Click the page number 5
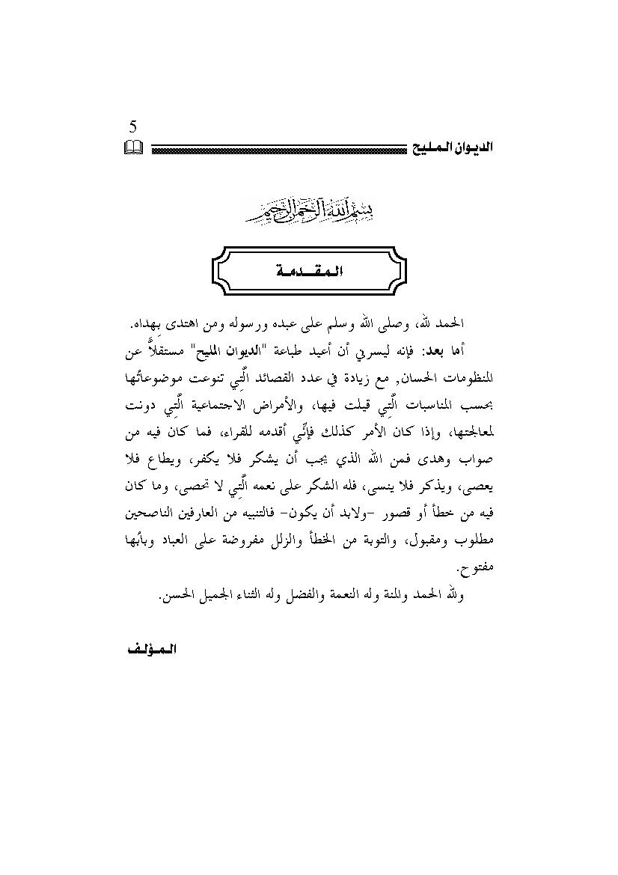[x=132, y=126]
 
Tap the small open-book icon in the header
[x=132, y=149]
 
